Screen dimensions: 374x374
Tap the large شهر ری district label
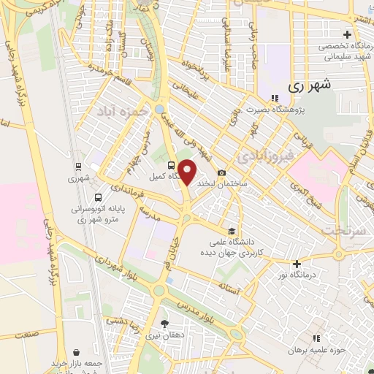[310, 84]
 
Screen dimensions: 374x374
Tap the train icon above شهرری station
[78, 165]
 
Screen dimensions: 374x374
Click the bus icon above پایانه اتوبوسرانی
[99, 196]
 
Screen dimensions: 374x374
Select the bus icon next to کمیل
[171, 164]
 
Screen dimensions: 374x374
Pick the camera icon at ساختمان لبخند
[222, 172]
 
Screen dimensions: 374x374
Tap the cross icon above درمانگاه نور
[297, 264]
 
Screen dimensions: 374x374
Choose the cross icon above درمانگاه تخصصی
[347, 34]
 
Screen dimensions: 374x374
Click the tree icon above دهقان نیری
[164, 324]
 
